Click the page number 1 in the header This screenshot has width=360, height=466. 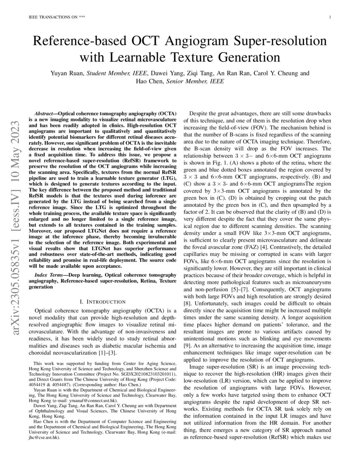pos(330,17)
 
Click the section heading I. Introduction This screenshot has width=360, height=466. pos(102,302)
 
